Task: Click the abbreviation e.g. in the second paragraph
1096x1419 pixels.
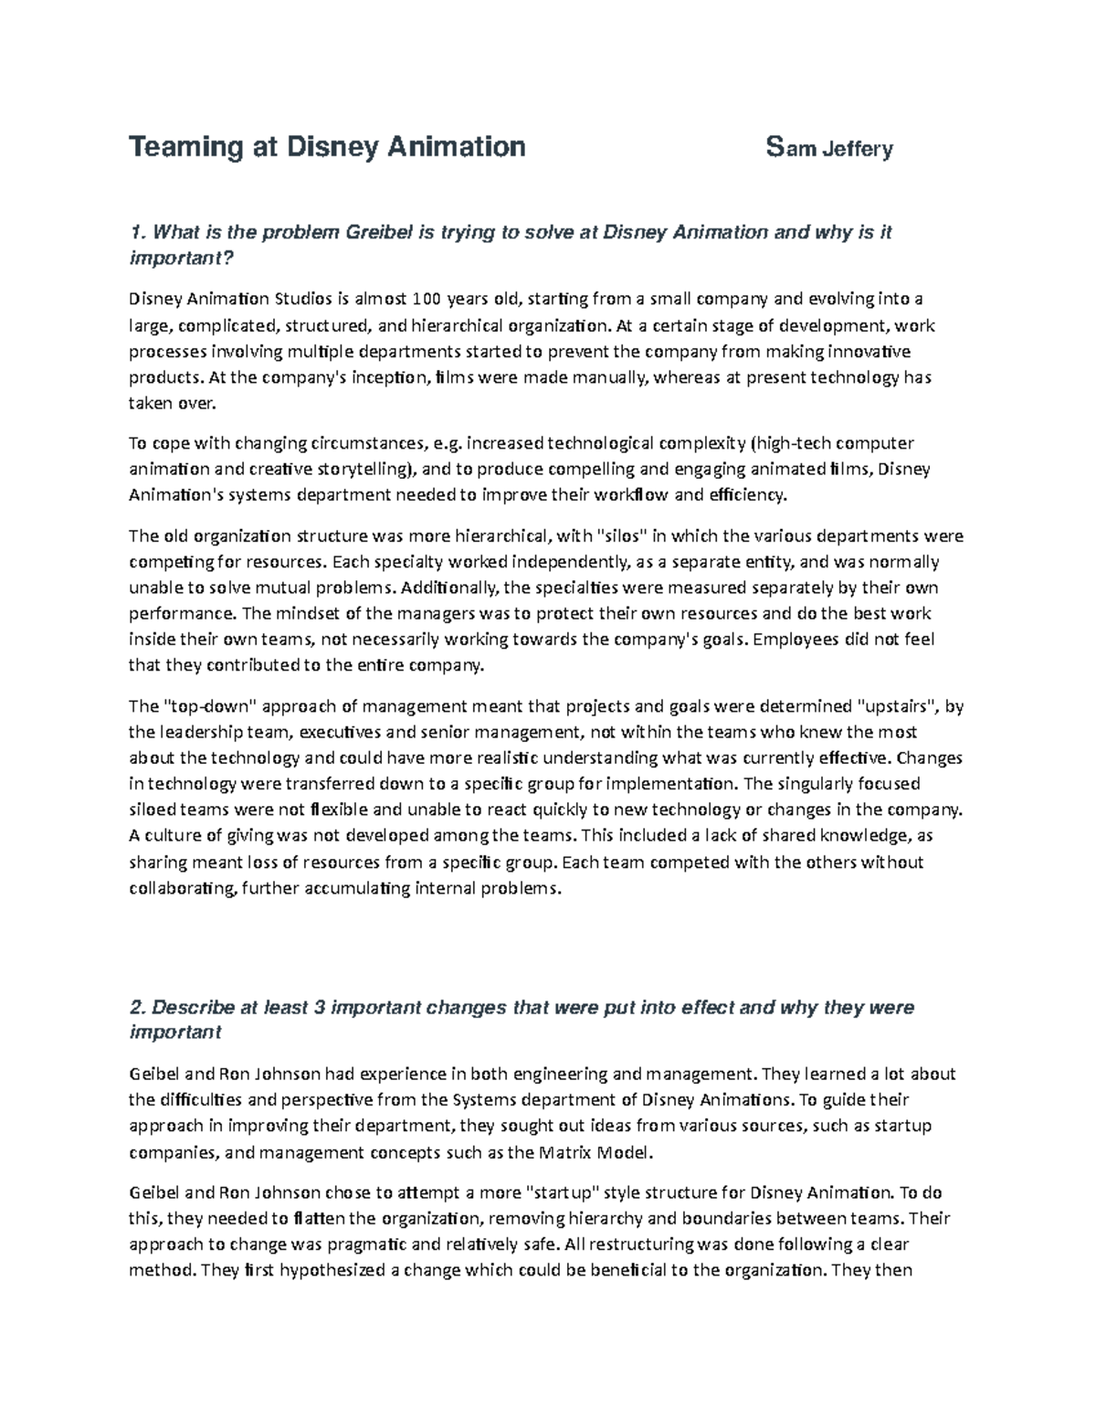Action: pos(449,443)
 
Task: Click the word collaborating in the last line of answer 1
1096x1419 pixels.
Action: pos(183,889)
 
